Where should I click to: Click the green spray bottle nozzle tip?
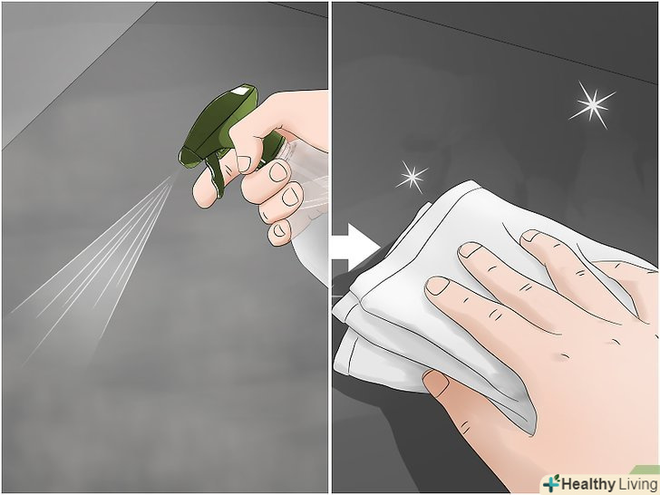(181, 158)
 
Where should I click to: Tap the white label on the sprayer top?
(240, 90)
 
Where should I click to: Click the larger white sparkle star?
(593, 105)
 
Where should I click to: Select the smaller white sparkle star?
(412, 177)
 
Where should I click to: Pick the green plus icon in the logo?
(551, 483)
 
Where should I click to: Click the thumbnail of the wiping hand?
(436, 383)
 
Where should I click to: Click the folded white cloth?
(425, 295)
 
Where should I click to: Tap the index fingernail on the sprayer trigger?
(244, 164)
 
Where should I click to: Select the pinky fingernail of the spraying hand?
(278, 230)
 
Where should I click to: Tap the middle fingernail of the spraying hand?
(278, 172)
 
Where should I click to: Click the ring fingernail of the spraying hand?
(290, 197)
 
